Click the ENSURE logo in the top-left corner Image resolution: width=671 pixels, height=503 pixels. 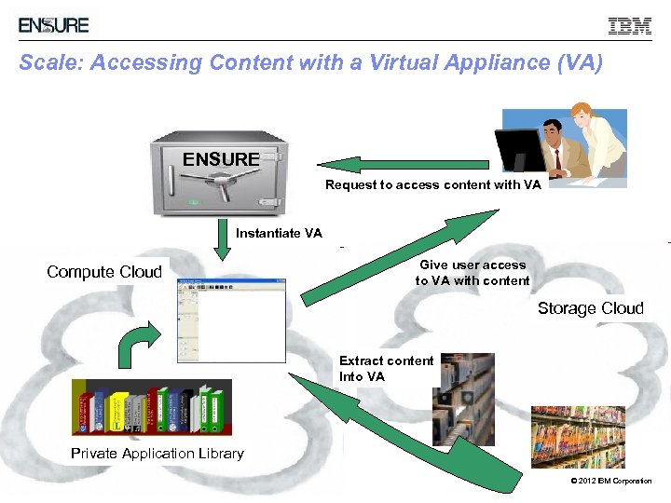coord(54,25)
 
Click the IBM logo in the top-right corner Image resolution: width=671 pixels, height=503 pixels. coord(630,26)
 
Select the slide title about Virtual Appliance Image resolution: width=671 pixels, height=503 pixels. coord(311,63)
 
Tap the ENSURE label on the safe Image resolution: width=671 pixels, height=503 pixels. coord(221,159)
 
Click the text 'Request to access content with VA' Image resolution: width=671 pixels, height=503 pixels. coord(432,184)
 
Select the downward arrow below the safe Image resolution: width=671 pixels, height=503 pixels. coord(222,239)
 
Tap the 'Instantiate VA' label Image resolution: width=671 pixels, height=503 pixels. coord(279,233)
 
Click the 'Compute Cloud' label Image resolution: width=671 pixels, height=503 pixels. coord(104,272)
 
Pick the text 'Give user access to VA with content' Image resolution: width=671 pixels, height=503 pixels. coord(472,273)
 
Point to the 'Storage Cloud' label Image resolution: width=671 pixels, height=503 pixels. coord(590,308)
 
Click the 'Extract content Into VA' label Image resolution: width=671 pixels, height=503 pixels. coord(386,368)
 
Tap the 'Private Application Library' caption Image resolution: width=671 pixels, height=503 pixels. coord(157,454)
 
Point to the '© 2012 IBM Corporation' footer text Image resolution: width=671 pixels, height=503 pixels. coord(610,481)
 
